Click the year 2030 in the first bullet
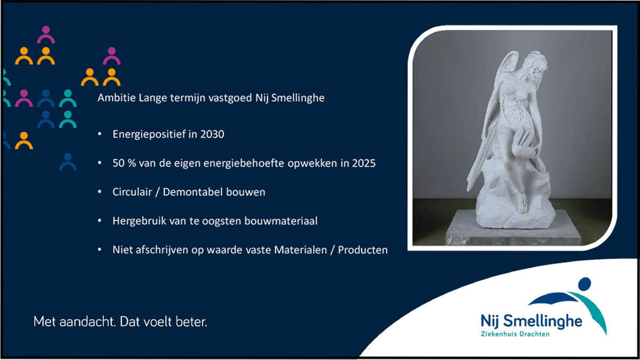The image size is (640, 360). (212, 134)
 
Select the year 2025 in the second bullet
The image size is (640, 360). (363, 163)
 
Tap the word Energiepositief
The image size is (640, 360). (149, 134)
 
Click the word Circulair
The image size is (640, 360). (132, 191)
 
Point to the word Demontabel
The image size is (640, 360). (193, 191)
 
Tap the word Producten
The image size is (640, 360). (363, 250)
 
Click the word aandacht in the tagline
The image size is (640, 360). (87, 322)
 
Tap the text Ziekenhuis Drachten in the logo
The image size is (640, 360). (515, 334)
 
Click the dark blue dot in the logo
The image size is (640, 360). (585, 284)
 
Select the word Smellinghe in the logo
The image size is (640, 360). (542, 322)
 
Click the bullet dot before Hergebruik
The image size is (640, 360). (100, 221)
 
